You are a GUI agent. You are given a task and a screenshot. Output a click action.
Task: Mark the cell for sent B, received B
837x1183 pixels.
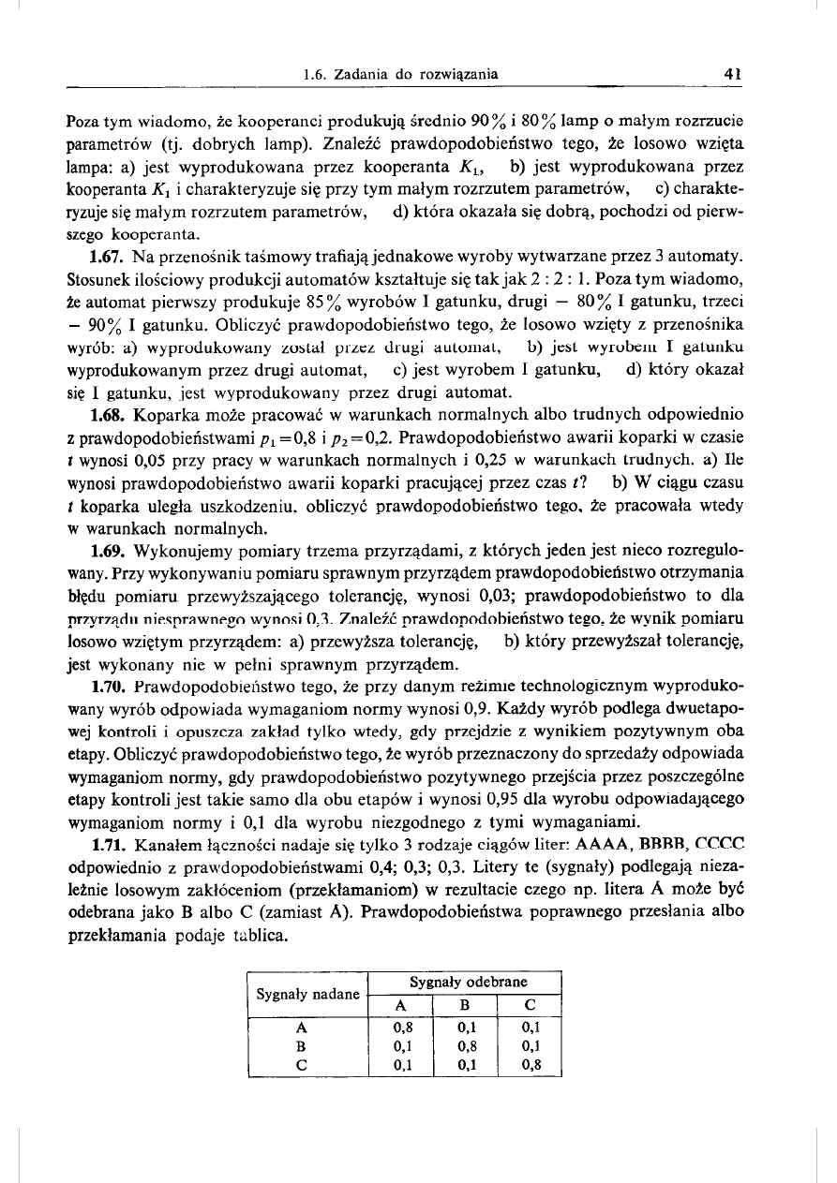tap(463, 1045)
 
